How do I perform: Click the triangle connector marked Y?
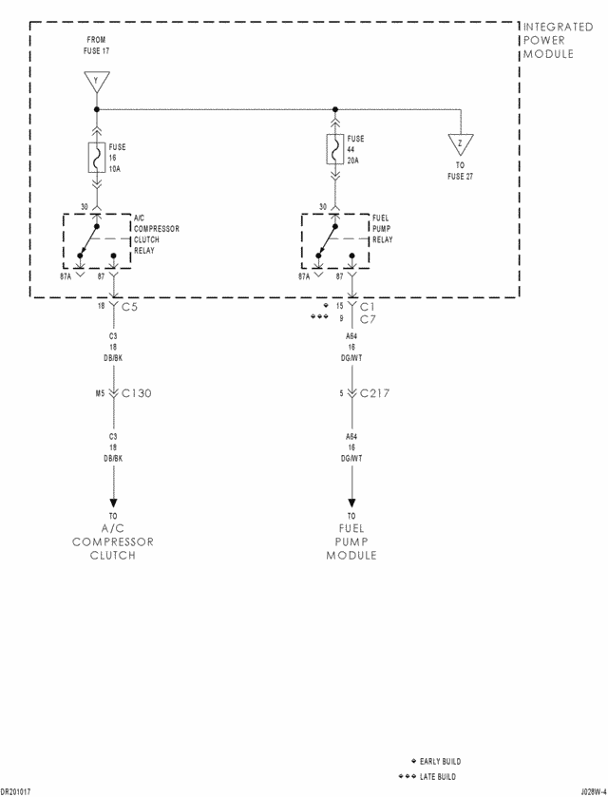[95, 82]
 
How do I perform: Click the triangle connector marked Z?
[461, 144]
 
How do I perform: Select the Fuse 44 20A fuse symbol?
[334, 148]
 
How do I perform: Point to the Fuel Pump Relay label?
[381, 229]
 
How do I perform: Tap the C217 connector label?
[375, 392]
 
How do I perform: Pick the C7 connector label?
[369, 319]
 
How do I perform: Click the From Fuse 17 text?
[96, 45]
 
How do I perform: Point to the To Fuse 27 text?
[460, 171]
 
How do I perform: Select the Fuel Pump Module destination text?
[351, 541]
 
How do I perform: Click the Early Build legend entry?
[439, 762]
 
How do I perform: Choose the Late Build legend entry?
[437, 777]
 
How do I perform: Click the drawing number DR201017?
[16, 790]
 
